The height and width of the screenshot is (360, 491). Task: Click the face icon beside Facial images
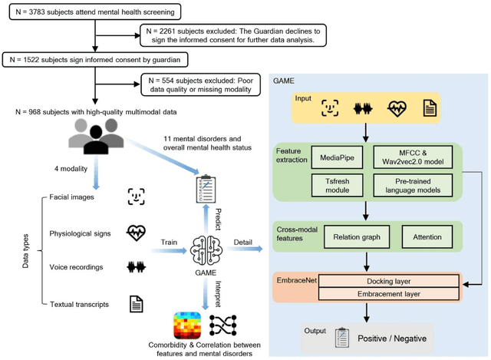click(137, 197)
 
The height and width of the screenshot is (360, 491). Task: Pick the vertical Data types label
click(25, 250)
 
